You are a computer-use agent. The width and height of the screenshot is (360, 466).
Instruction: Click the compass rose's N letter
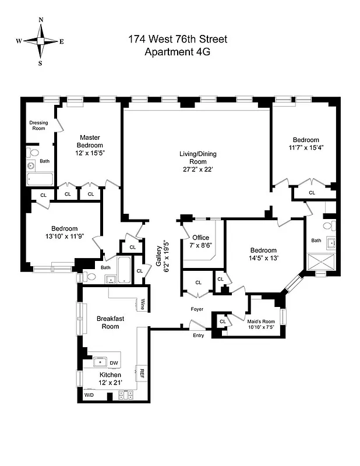click(x=41, y=20)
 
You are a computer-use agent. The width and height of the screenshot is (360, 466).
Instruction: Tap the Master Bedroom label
click(x=90, y=142)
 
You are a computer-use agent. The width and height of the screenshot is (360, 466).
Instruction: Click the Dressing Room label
click(x=38, y=125)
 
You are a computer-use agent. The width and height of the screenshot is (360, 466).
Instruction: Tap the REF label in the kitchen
click(x=140, y=373)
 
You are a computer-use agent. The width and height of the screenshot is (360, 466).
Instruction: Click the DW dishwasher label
click(x=114, y=363)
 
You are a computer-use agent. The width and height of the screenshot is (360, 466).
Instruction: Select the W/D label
click(x=89, y=396)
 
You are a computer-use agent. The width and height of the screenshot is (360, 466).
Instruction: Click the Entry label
click(x=199, y=336)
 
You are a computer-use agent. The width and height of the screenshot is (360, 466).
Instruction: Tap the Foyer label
click(x=197, y=309)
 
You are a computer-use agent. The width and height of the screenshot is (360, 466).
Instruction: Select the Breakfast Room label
click(x=108, y=322)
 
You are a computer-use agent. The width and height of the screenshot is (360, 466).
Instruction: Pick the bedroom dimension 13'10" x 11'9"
click(x=61, y=236)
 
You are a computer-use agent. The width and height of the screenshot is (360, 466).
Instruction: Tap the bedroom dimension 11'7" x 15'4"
click(x=305, y=148)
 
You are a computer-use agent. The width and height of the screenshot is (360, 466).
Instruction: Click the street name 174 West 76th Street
click(x=177, y=40)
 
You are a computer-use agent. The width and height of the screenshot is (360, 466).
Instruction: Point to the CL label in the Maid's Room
click(x=223, y=321)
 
